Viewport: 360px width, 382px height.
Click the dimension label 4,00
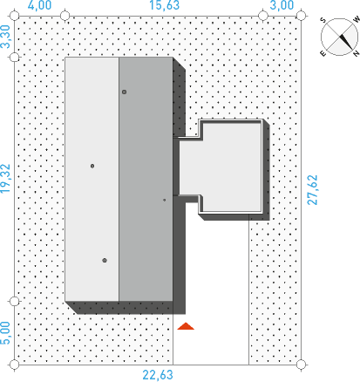(39, 5)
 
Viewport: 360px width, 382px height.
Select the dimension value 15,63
(165, 5)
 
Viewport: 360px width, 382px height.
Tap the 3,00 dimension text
(282, 5)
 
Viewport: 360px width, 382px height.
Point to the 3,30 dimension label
(5, 37)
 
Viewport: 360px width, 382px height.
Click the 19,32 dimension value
(5, 179)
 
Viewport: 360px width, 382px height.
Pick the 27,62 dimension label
(312, 190)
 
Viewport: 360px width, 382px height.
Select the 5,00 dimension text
(5, 333)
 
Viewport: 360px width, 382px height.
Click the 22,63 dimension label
(158, 375)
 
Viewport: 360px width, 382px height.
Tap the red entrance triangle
(186, 326)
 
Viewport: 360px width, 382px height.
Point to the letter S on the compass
(323, 20)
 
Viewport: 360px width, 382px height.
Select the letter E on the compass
(323, 53)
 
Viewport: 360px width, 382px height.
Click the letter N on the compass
(356, 53)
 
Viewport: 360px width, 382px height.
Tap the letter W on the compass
(357, 19)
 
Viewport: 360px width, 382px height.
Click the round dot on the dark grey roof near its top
(124, 92)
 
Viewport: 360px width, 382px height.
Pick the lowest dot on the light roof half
(105, 260)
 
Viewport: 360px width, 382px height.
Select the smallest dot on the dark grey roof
(165, 200)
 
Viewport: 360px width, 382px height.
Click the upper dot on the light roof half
(92, 166)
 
